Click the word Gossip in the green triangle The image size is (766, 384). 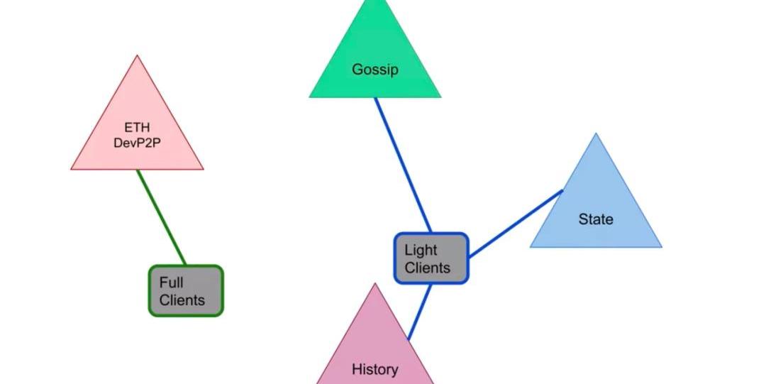(374, 70)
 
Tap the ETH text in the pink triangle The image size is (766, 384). (137, 128)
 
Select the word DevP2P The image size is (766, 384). (137, 142)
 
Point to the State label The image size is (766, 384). (596, 219)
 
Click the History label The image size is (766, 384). (374, 369)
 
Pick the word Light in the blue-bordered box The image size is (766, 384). (421, 250)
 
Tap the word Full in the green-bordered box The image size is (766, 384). (171, 282)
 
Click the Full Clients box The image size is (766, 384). (186, 291)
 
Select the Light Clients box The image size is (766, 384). (431, 258)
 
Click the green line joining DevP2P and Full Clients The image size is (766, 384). (161, 217)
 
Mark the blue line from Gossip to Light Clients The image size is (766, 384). (402, 165)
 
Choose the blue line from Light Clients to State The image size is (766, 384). (515, 224)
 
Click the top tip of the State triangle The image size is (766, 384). (596, 134)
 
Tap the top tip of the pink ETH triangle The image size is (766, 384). (137, 57)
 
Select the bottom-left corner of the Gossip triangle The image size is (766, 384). (310, 97)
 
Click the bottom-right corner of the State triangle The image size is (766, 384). (661, 246)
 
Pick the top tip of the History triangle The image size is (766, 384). (374, 284)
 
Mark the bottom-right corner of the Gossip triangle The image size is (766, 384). (440, 97)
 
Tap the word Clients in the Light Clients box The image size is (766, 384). (427, 268)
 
